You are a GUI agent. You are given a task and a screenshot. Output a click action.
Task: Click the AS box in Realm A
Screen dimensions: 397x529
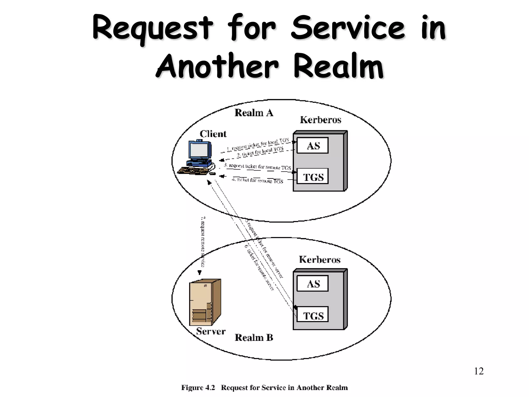(x=312, y=146)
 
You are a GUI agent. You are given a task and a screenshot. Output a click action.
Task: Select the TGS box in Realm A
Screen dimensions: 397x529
(x=312, y=177)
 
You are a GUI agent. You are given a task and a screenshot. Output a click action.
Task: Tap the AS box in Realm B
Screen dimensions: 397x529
(x=312, y=284)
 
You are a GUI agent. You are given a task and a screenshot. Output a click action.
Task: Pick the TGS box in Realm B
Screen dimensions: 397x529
(x=312, y=315)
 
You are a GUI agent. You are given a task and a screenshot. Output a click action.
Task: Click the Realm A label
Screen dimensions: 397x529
(x=254, y=113)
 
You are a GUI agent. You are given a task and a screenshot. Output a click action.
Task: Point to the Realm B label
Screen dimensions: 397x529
(x=254, y=338)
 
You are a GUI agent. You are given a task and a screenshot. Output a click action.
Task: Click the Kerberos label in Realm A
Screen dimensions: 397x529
(x=320, y=120)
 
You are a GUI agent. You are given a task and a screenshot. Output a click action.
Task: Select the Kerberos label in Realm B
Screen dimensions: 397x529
(x=320, y=259)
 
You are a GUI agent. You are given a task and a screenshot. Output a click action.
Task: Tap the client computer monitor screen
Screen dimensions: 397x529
(x=199, y=150)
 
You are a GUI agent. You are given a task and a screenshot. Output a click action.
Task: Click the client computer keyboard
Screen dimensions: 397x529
(x=193, y=171)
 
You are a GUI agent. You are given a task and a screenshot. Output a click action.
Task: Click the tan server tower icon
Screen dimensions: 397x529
(x=205, y=302)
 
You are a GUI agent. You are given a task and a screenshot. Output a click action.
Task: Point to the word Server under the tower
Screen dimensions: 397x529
(x=211, y=331)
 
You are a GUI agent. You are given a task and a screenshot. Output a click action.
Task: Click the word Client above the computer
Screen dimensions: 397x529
(x=213, y=134)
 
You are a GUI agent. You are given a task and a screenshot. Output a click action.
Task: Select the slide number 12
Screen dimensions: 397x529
(x=479, y=371)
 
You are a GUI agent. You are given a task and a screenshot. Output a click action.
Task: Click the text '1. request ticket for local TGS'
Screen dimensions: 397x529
(x=258, y=145)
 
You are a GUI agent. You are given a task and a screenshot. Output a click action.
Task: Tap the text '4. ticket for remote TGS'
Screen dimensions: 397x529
(x=257, y=180)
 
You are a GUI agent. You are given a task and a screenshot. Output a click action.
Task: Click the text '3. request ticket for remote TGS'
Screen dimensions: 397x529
(x=257, y=167)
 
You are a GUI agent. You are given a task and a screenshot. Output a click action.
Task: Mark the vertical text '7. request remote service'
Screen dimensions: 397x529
(x=203, y=242)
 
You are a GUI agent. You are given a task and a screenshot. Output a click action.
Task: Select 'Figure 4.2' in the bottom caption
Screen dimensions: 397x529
(x=198, y=388)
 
